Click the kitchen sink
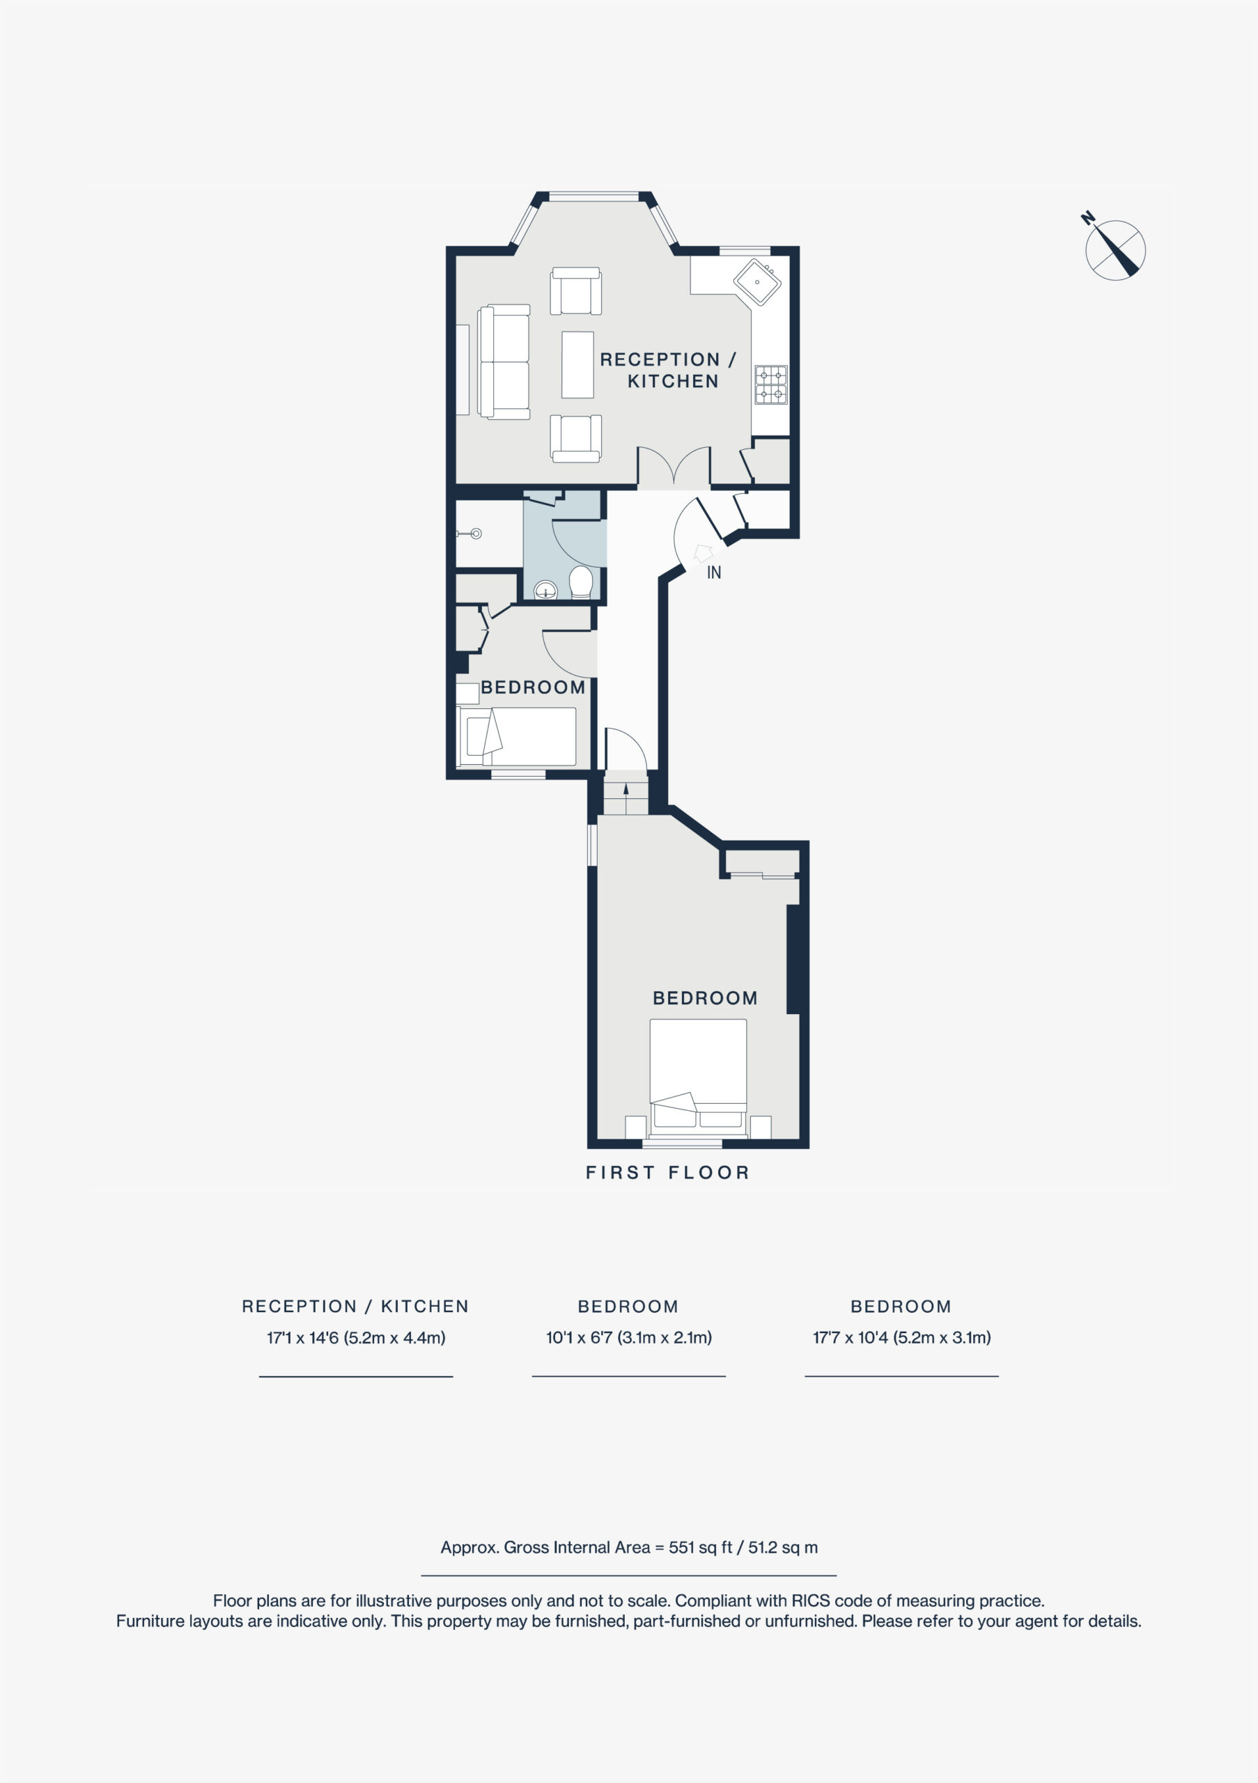(757, 282)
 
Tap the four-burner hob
(770, 384)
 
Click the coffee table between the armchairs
(577, 364)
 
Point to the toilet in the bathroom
(581, 582)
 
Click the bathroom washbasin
(548, 591)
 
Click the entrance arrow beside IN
(704, 553)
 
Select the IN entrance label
(715, 573)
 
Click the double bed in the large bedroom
(698, 1079)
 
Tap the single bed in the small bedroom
(517, 736)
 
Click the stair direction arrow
(626, 798)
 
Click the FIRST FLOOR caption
(668, 1173)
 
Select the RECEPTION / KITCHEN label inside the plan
(668, 371)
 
